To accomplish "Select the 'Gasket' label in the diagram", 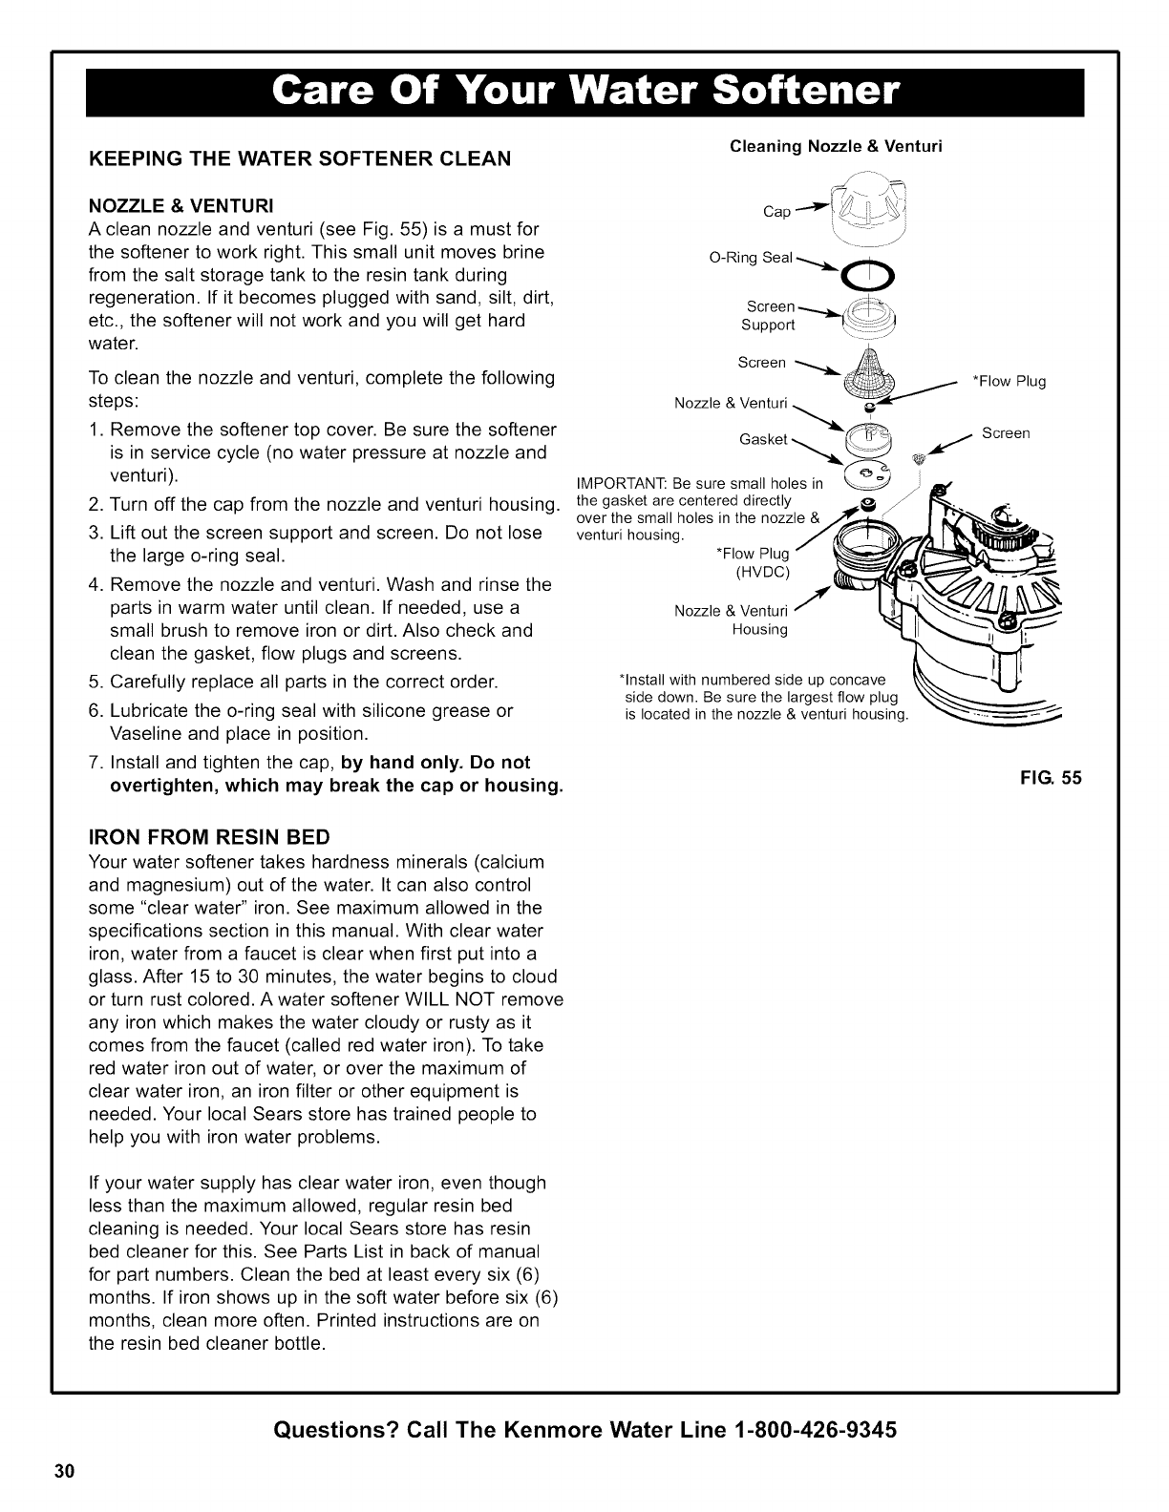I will pos(763,439).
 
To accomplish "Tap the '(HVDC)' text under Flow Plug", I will pos(761,572).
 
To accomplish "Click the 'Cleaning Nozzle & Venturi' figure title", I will pos(836,146).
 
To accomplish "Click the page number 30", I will pos(64,1470).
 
